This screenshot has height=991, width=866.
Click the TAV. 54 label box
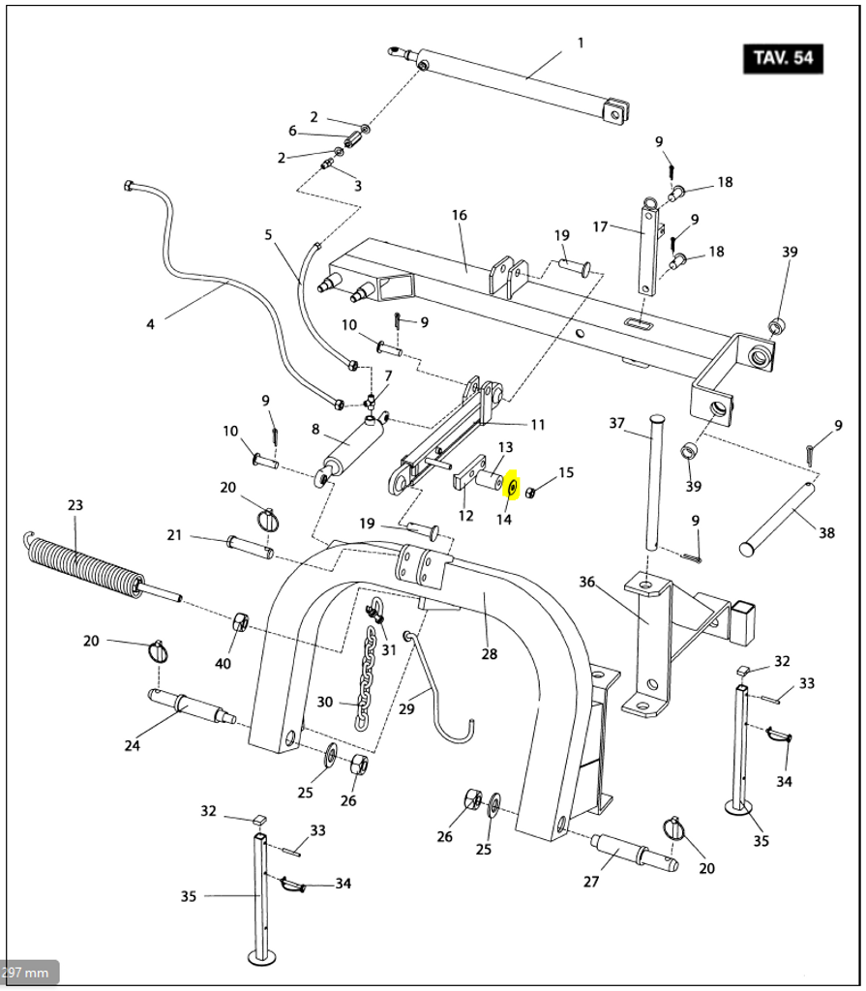click(x=782, y=58)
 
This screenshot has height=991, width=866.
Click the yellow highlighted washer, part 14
click(x=513, y=485)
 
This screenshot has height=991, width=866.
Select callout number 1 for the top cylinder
click(x=581, y=43)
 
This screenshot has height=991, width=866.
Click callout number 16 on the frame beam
click(x=460, y=215)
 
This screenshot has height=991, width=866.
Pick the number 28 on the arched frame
click(x=490, y=654)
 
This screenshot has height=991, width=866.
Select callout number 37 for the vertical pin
click(x=617, y=423)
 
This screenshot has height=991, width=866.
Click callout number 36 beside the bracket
click(x=586, y=582)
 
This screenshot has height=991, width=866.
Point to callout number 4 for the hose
click(x=150, y=324)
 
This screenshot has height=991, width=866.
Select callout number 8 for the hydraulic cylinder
click(x=315, y=429)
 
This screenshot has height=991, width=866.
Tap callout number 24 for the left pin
click(x=133, y=744)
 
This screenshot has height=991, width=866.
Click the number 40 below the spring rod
click(x=224, y=663)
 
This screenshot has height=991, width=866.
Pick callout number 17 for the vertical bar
click(x=600, y=227)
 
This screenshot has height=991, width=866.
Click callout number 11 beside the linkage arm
click(x=538, y=424)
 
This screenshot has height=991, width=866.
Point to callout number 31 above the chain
click(x=389, y=649)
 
